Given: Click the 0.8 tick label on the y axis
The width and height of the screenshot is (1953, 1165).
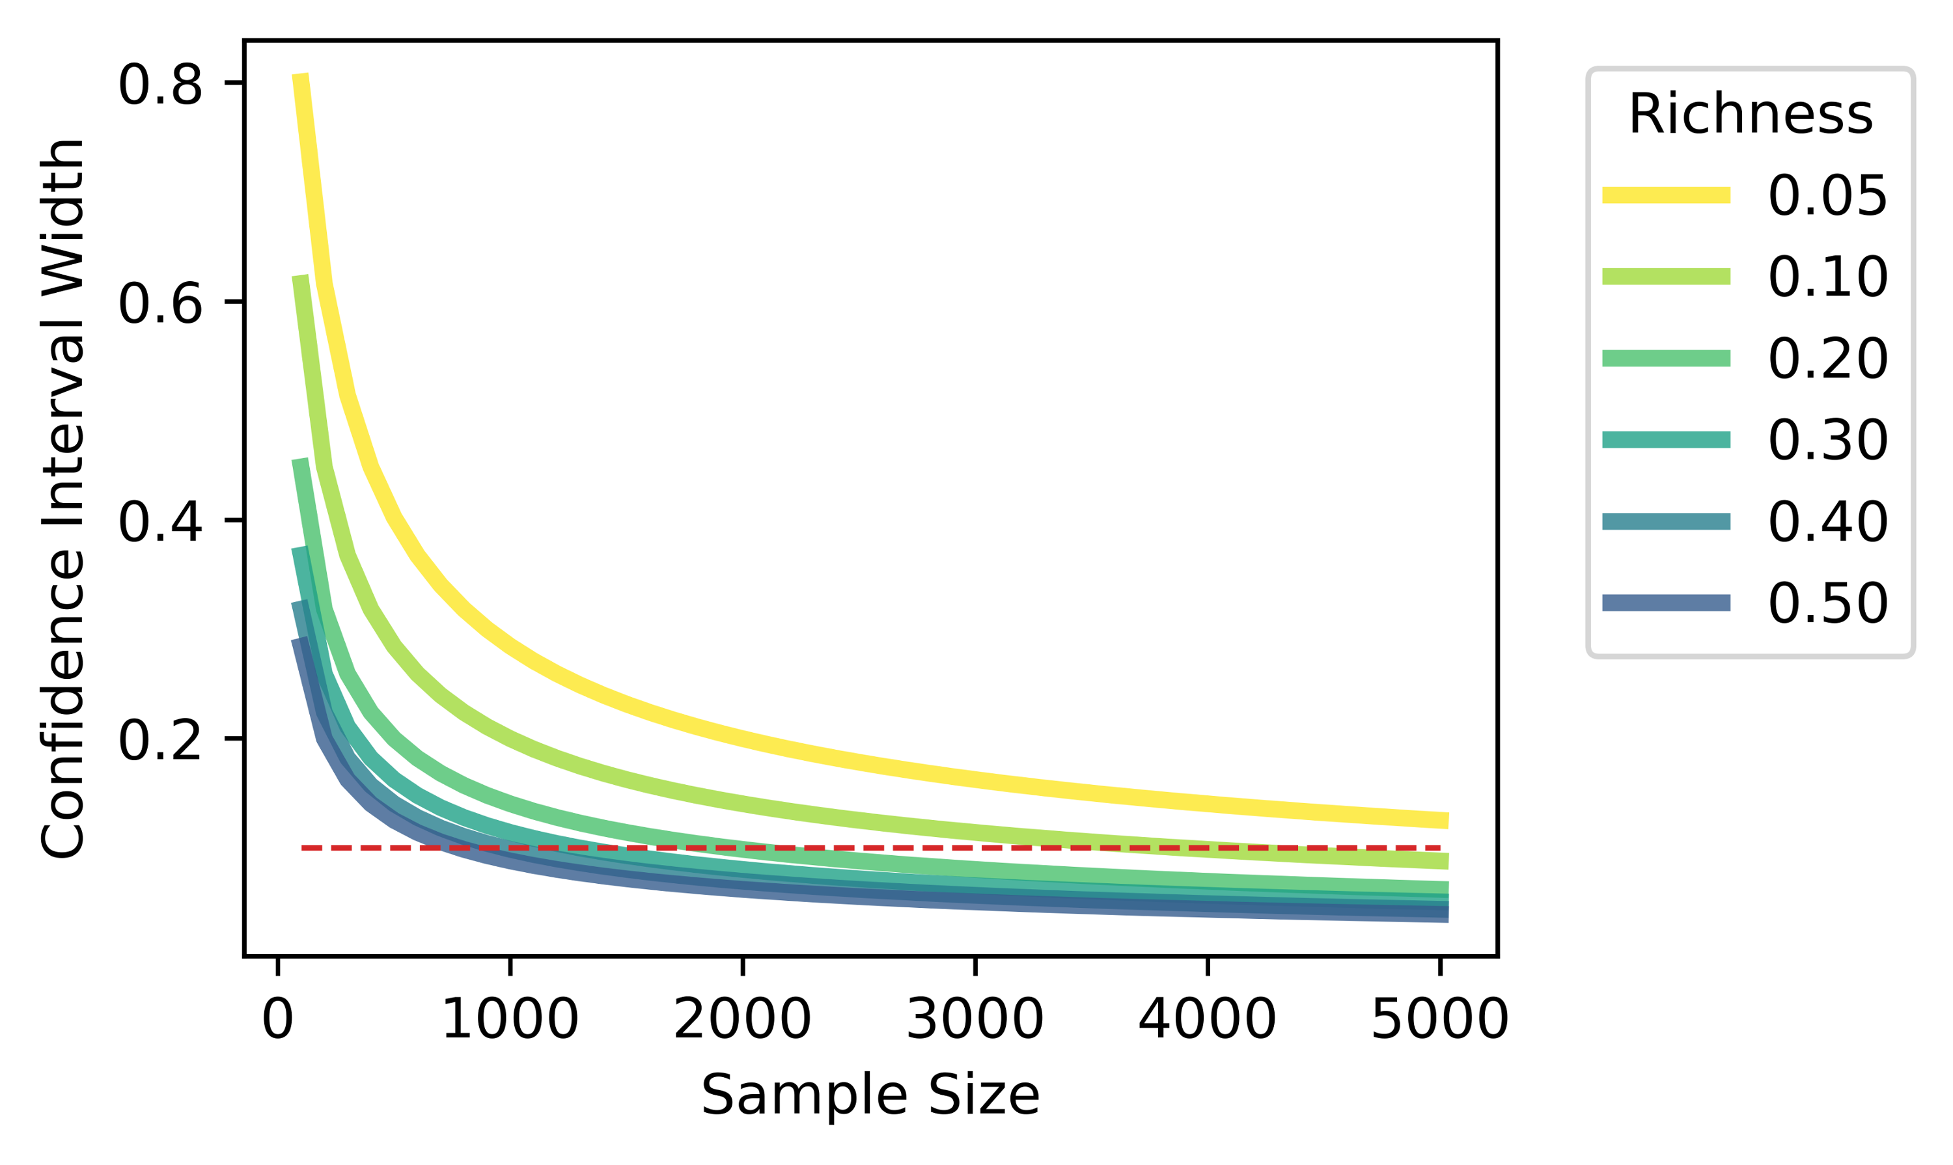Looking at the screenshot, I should pyautogui.click(x=160, y=85).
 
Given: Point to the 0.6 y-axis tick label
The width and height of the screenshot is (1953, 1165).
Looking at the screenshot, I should pyautogui.click(x=160, y=303).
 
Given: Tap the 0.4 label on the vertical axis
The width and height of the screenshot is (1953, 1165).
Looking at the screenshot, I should pyautogui.click(x=160, y=521).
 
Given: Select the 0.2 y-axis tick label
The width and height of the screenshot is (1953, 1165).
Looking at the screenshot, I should pyautogui.click(x=160, y=739).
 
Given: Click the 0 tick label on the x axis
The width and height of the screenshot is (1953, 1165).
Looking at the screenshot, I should pyautogui.click(x=277, y=1021).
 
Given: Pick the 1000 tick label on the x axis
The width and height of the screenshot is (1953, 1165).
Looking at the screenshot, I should pyautogui.click(x=510, y=1021).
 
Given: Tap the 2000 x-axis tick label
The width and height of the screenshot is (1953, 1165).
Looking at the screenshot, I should pyautogui.click(x=742, y=1021).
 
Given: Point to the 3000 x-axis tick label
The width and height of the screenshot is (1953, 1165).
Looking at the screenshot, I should pyautogui.click(x=975, y=1021).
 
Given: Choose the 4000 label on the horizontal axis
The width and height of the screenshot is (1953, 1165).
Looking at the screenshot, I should pyautogui.click(x=1207, y=1021).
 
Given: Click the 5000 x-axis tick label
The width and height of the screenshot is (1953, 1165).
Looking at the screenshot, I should pyautogui.click(x=1439, y=1021).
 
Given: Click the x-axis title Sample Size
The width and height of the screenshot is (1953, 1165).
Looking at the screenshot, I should pyautogui.click(x=870, y=1095).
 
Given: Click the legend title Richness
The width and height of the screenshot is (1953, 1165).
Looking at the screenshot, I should pyautogui.click(x=1751, y=115).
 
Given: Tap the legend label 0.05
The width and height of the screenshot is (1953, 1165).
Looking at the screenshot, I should pyautogui.click(x=1827, y=195).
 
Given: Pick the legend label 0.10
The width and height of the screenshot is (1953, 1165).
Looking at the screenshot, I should pyautogui.click(x=1827, y=277).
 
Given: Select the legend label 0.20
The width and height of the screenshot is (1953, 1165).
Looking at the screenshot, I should pyautogui.click(x=1827, y=359).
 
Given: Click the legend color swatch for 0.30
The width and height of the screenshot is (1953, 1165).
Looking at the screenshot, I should pyautogui.click(x=1667, y=439).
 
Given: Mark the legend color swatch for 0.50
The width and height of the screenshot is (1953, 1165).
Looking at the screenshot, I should pyautogui.click(x=1667, y=603).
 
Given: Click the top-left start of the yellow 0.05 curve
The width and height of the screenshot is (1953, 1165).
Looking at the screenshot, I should pyautogui.click(x=301, y=75).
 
